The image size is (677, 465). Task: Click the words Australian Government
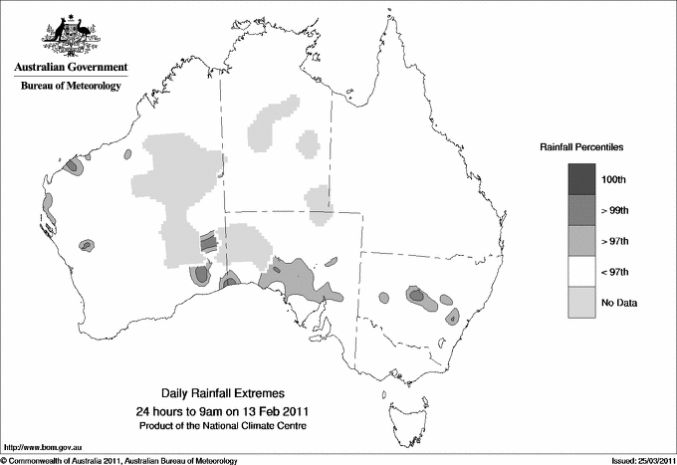coord(71,68)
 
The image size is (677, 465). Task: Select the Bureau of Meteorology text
coord(71,87)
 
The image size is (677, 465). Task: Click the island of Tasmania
coord(404,406)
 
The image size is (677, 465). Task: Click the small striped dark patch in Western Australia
coord(207,241)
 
